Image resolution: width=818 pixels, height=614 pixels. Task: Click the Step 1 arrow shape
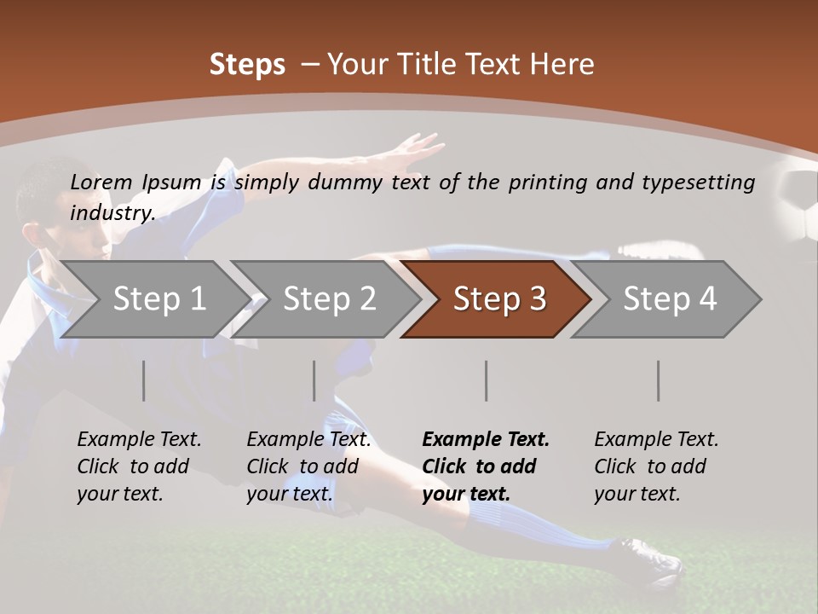point(158,299)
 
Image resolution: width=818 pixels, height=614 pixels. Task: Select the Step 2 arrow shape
point(328,299)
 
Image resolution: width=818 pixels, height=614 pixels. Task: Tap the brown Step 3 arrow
point(498,299)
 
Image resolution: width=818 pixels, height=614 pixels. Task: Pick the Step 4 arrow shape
point(668,299)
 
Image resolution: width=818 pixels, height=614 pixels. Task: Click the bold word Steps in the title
point(247,65)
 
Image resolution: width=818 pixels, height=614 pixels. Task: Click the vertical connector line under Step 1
point(143,380)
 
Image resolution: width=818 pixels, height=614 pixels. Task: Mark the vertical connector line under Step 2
point(314,380)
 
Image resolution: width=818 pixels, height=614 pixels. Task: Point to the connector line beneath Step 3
point(486,380)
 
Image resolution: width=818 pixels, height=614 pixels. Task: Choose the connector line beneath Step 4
point(658,380)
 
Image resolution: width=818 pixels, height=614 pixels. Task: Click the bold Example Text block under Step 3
point(486,466)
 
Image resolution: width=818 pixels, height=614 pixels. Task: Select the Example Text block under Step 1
point(139,466)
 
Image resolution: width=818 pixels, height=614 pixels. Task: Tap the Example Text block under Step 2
point(308,466)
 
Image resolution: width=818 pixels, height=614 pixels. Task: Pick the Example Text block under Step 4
point(656,466)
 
